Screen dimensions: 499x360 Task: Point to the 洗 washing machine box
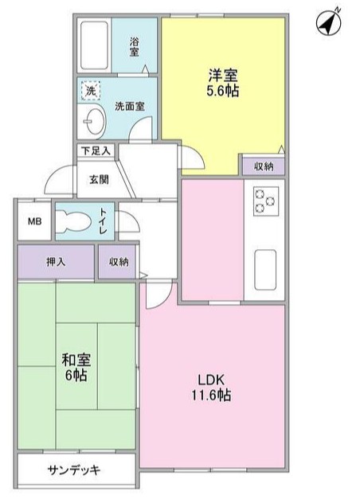(x=91, y=92)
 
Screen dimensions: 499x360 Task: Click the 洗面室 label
(x=127, y=105)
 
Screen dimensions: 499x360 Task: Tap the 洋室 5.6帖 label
(x=224, y=84)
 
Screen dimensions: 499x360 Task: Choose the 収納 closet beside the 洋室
(x=264, y=166)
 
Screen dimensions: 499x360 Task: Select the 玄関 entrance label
(x=99, y=178)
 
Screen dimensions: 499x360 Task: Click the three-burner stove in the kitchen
(x=264, y=199)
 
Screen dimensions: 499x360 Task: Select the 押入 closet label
(x=55, y=260)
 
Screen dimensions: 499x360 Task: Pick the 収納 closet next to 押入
(x=118, y=260)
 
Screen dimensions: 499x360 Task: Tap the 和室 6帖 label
(x=76, y=367)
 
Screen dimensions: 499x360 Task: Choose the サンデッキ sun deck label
(x=74, y=469)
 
